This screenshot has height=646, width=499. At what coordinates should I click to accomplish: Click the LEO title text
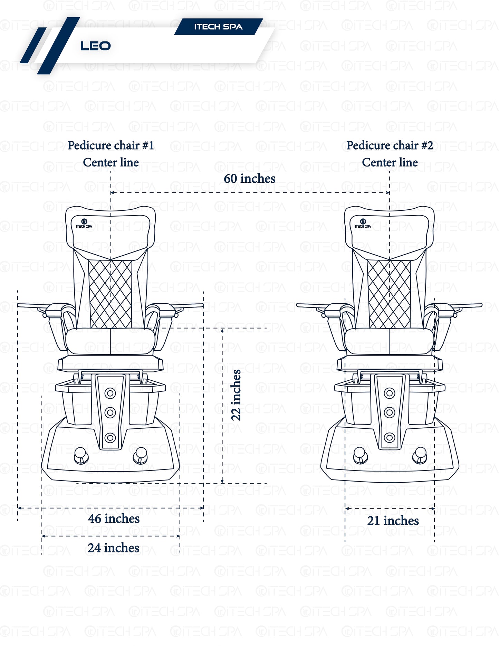click(x=95, y=46)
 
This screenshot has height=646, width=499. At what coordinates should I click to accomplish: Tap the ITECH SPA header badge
click(x=218, y=27)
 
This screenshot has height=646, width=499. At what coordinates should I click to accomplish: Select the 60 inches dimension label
click(x=250, y=179)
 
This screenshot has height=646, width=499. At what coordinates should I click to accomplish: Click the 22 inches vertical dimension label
click(x=236, y=395)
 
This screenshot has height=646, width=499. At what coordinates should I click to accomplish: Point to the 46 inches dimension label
click(x=114, y=519)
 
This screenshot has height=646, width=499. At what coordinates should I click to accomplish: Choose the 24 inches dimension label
click(x=114, y=548)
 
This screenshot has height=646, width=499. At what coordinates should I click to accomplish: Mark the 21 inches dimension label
click(x=393, y=521)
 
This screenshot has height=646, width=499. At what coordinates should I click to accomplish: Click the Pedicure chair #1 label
click(x=111, y=145)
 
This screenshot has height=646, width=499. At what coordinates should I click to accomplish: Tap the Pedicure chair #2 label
click(x=390, y=145)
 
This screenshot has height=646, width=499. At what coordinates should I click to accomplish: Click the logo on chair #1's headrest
click(x=84, y=224)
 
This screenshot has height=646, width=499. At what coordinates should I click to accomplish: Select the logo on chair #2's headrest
click(x=363, y=224)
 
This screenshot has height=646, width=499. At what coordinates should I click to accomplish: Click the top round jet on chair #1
click(x=110, y=393)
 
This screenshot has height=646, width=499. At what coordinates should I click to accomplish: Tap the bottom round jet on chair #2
click(x=390, y=438)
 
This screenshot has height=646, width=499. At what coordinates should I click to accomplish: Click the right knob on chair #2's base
click(x=420, y=455)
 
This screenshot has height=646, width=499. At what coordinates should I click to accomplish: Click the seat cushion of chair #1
click(x=110, y=341)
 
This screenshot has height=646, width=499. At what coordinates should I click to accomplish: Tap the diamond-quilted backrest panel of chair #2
click(x=390, y=294)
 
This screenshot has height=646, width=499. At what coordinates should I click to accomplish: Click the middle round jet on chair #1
click(x=110, y=412)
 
